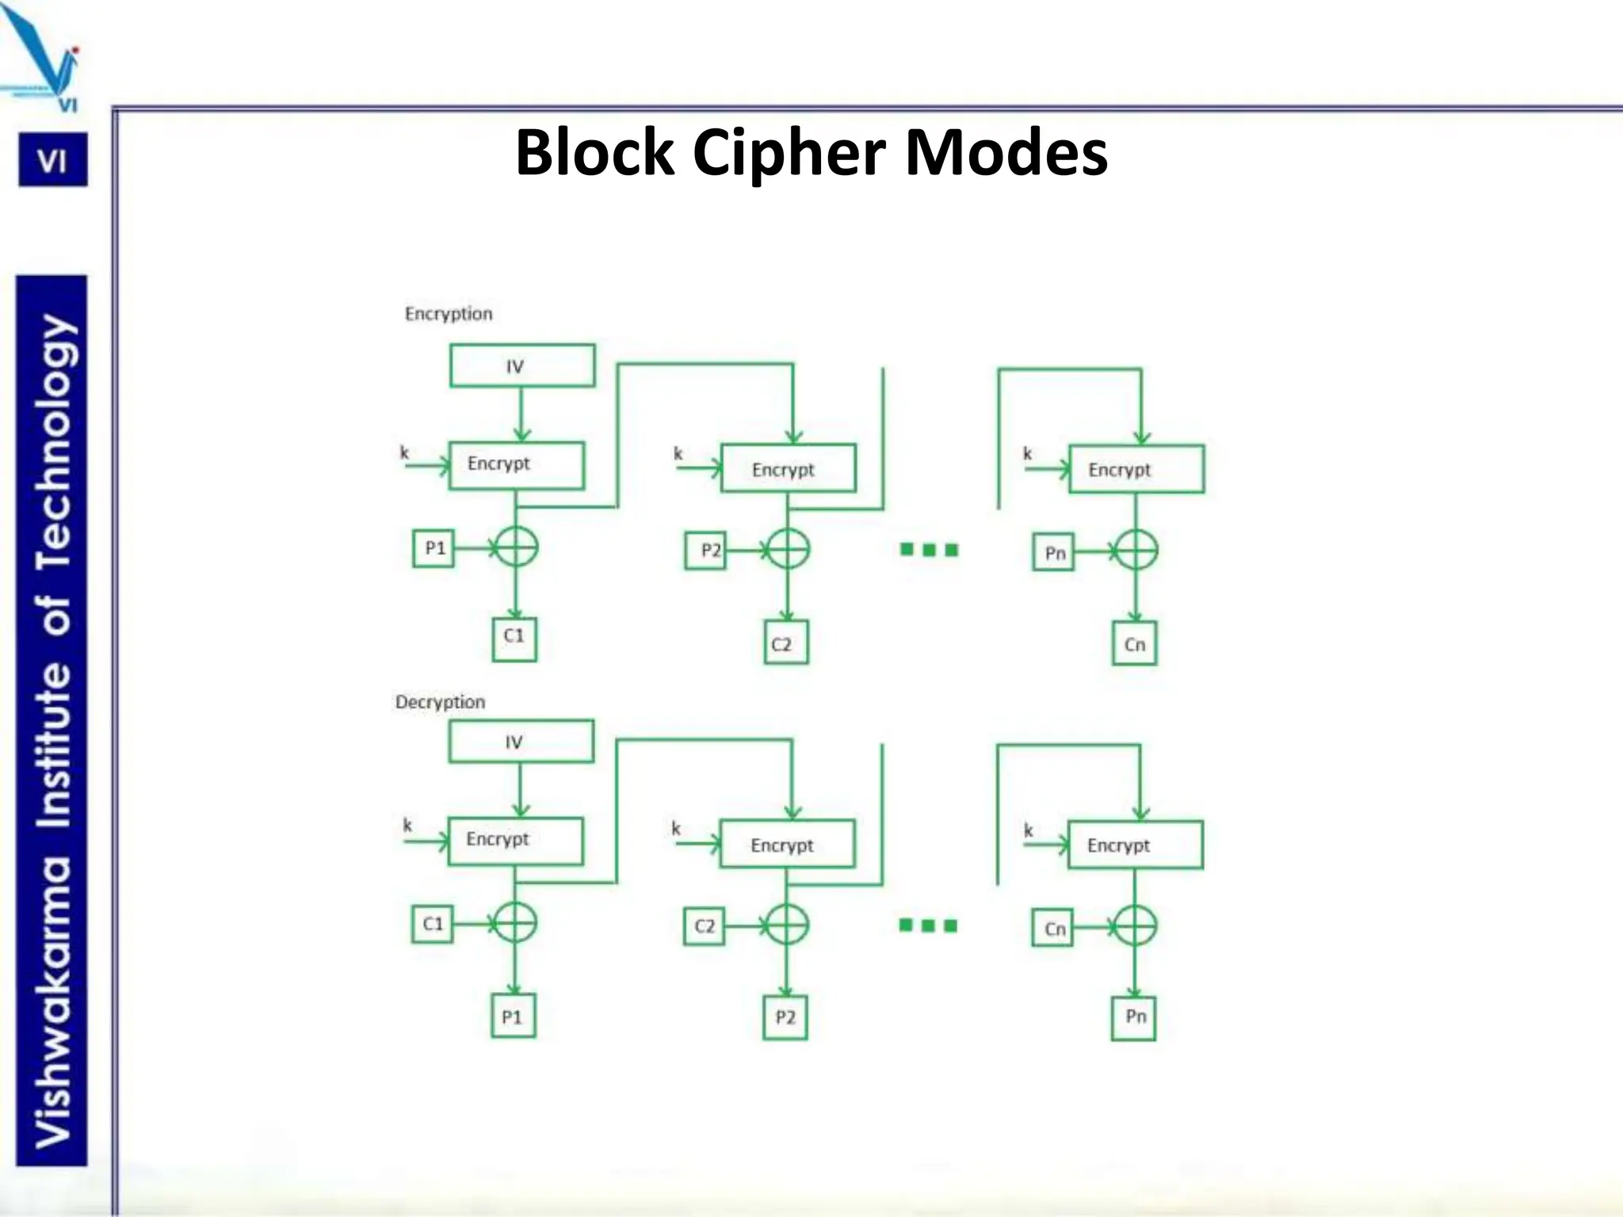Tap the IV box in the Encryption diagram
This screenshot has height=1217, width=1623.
(x=521, y=366)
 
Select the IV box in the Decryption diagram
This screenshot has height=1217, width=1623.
(x=521, y=742)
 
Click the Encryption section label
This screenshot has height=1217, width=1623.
(x=449, y=314)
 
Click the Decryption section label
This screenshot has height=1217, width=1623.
(x=440, y=702)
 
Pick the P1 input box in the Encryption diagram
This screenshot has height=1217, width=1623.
(x=433, y=548)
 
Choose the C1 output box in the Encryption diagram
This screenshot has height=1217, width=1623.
(x=514, y=639)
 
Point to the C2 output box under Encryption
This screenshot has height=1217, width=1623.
(x=785, y=643)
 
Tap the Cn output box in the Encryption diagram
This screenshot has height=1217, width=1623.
(x=1134, y=643)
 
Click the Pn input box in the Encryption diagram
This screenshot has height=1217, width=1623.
(x=1054, y=552)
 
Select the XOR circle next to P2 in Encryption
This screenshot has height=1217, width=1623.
(x=788, y=549)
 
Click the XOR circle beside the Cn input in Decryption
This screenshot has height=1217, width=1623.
(x=1135, y=925)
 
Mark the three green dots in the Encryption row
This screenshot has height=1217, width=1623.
(x=930, y=550)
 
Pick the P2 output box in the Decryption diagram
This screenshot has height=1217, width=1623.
(x=785, y=1017)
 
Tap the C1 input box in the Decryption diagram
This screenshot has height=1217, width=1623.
(x=433, y=924)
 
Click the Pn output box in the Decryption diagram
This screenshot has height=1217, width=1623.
(x=1134, y=1017)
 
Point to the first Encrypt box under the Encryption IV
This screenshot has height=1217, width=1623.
(x=517, y=465)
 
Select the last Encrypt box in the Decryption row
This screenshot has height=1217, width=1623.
(x=1135, y=845)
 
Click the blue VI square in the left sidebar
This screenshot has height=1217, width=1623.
(x=53, y=161)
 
